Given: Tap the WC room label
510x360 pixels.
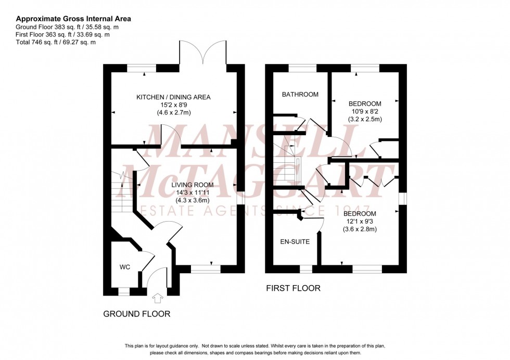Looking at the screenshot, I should pos(124,267).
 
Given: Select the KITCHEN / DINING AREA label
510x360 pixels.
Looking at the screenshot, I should pos(173,97).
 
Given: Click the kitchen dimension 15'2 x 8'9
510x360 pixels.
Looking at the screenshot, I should pos(173,105).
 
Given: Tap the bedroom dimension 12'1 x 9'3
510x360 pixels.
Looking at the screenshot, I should pos(359,222).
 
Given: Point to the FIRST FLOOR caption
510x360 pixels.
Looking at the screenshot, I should pos(293,288).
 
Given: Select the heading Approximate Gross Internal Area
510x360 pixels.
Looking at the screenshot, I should pos(73,19).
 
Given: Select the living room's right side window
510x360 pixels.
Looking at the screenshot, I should pos(240,199).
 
